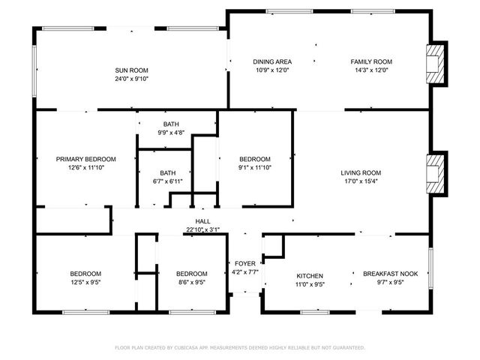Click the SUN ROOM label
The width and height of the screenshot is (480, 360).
(x=131, y=70)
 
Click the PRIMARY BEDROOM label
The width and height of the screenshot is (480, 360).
(x=86, y=159)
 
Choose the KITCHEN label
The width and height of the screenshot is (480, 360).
(x=309, y=275)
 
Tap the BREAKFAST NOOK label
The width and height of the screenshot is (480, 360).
(x=388, y=274)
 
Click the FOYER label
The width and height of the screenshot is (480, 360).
(x=244, y=263)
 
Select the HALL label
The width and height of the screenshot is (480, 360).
(x=202, y=221)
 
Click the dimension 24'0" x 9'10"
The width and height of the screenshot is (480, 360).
(x=131, y=79)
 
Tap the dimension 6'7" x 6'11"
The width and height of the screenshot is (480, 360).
(x=166, y=181)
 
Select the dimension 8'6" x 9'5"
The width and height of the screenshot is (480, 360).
(x=191, y=283)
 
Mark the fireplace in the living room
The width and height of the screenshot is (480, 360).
(x=434, y=172)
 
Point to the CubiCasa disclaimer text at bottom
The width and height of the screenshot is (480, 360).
(x=240, y=348)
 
